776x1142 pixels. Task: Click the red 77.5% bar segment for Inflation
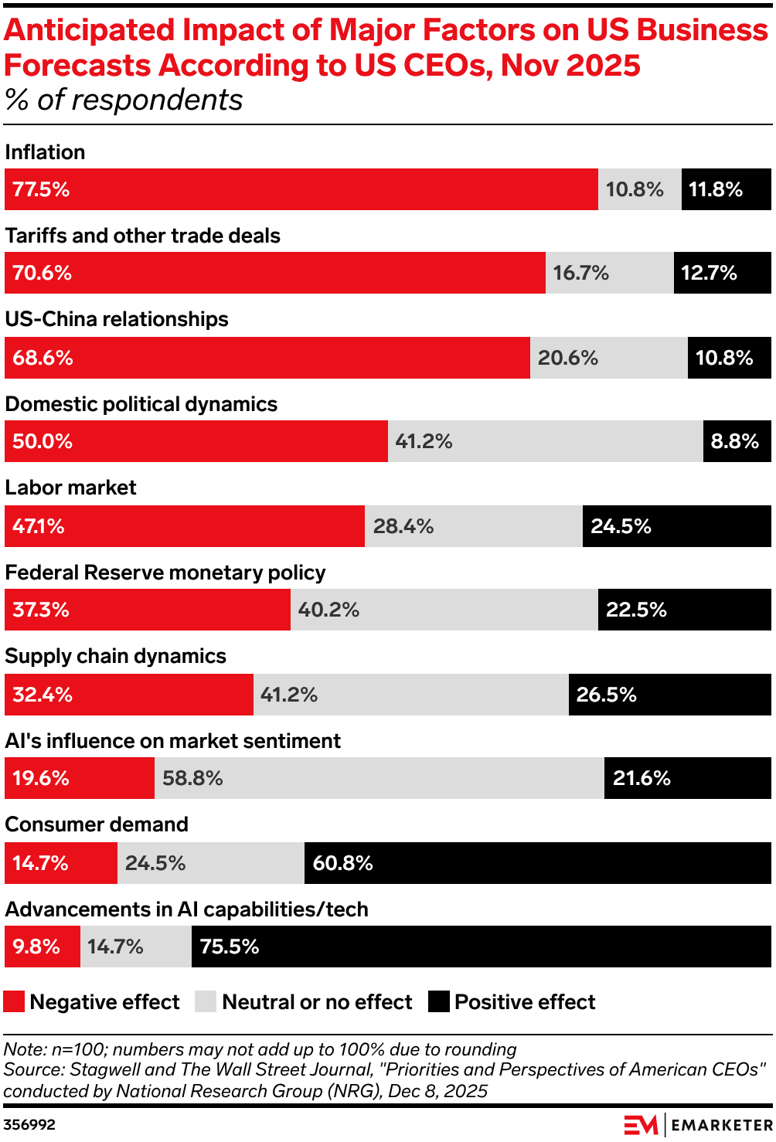[301, 189]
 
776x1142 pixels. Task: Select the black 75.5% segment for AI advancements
[481, 947]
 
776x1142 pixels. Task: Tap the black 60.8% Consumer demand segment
[537, 863]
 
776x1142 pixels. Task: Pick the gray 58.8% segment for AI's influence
[379, 778]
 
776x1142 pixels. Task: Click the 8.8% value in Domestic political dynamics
[736, 441]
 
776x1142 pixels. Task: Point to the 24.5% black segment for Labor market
[676, 526]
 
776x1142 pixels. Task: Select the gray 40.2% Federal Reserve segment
[444, 610]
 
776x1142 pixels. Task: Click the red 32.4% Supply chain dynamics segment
[128, 695]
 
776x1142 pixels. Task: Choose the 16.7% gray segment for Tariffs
[609, 273]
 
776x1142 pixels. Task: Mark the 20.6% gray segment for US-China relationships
[608, 358]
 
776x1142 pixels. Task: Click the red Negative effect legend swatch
[14, 1001]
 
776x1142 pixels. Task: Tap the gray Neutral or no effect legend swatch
[206, 1001]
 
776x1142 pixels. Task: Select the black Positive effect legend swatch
[439, 1001]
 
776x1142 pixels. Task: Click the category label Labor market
[70, 488]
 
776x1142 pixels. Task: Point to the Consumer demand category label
[97, 824]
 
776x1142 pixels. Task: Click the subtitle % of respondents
[124, 100]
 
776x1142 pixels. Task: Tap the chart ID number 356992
[29, 1124]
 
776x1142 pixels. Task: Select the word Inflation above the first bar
[45, 152]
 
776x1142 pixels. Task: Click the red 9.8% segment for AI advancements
[42, 947]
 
